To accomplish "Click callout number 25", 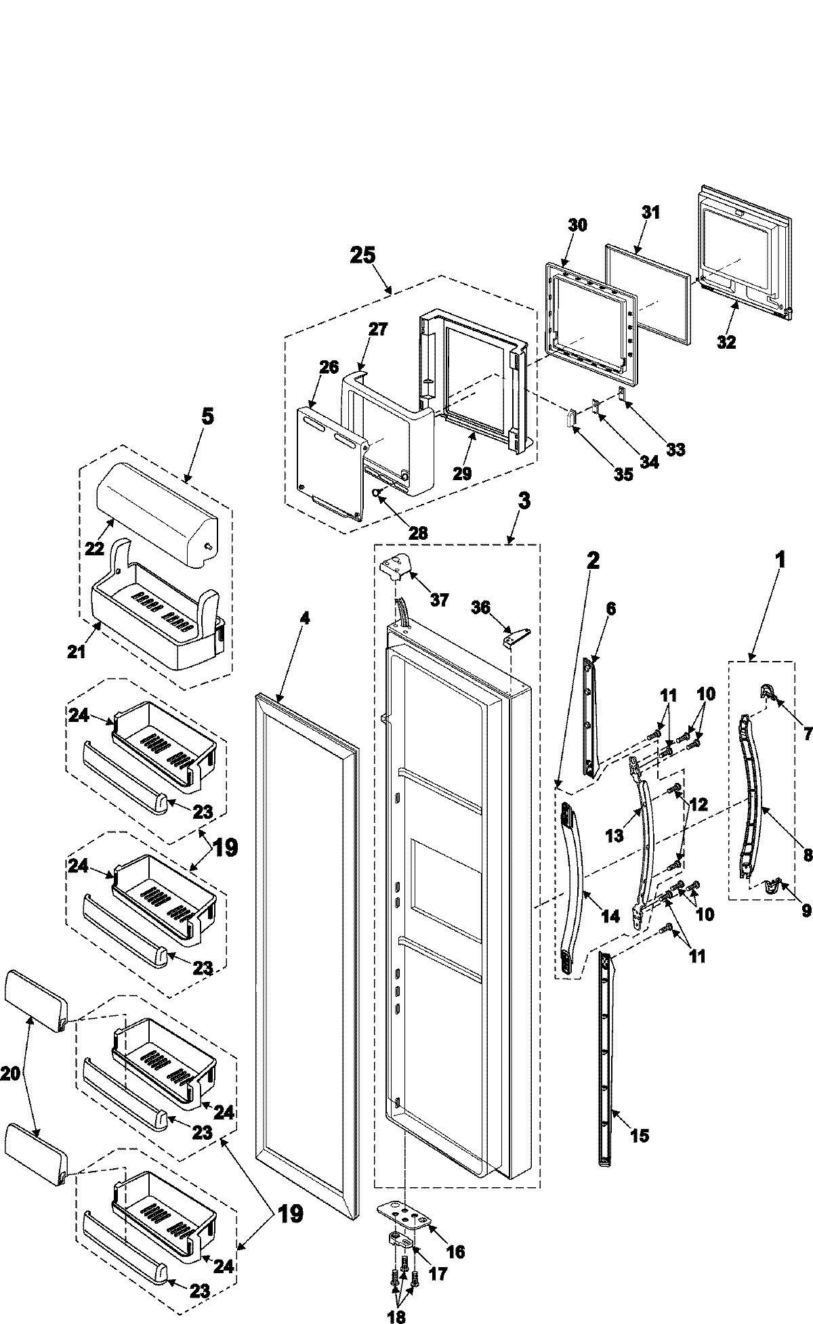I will pos(362,256).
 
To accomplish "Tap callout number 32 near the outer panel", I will pos(726,342).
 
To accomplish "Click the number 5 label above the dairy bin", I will pos(207,416).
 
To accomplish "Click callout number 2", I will pos(593,559).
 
